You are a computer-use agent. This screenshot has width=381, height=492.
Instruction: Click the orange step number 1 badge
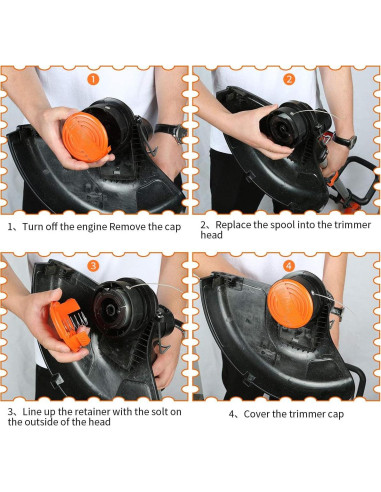tap(94, 79)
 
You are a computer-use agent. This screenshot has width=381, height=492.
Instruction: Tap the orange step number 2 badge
tap(288, 79)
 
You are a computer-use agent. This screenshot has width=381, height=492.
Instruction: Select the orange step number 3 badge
tap(94, 266)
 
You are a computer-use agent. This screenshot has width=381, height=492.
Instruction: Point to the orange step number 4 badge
tap(288, 266)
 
